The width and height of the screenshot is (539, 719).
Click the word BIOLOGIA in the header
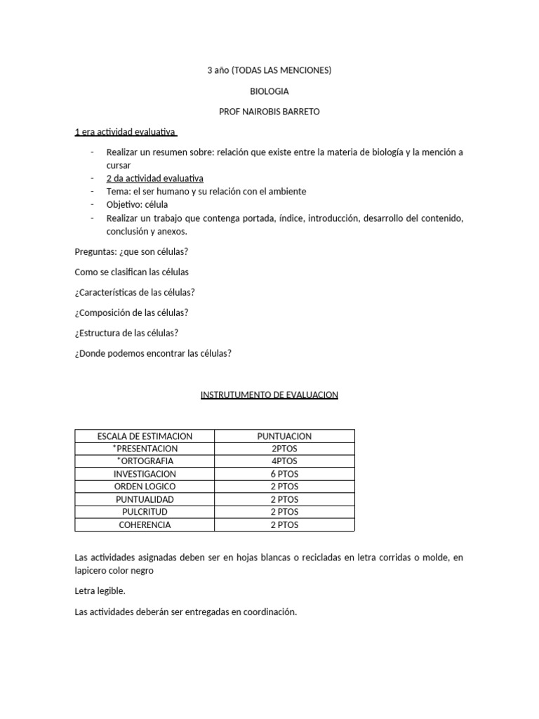[269, 91]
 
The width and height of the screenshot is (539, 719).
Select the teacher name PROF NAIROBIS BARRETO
[269, 112]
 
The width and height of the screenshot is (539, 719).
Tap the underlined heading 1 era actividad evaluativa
[125, 132]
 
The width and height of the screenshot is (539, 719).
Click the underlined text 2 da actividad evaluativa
[155, 178]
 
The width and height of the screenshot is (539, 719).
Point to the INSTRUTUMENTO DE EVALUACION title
[269, 395]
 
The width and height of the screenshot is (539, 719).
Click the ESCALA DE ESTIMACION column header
[145, 436]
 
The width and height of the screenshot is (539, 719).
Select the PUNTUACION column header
[284, 436]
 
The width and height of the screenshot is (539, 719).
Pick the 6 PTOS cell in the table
[284, 474]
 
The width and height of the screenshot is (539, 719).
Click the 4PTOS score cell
[284, 461]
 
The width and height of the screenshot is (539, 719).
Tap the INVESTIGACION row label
[145, 474]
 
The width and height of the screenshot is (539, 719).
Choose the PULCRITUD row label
[145, 512]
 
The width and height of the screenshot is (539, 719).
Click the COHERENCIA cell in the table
[145, 525]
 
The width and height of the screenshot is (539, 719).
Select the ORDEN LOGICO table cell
[145, 487]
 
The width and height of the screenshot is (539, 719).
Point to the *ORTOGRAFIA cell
[145, 461]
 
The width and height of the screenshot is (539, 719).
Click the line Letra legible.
[100, 591]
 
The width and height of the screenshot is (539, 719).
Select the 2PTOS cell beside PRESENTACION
[284, 449]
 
